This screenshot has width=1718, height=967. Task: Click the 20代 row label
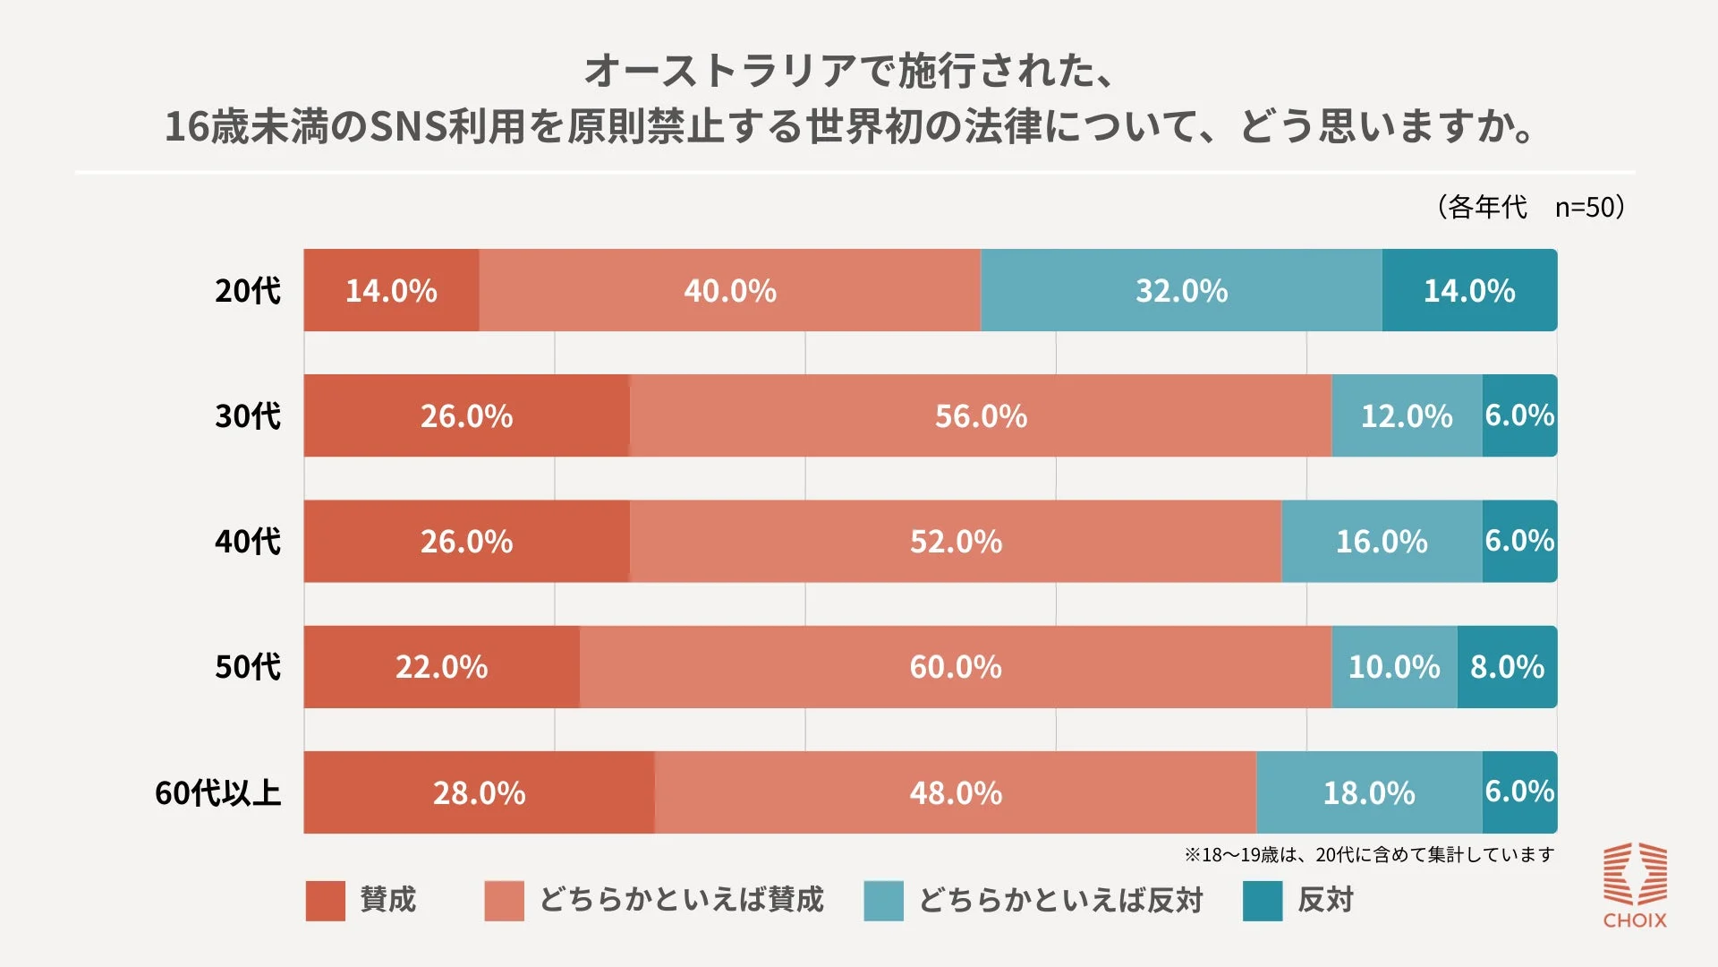[248, 291]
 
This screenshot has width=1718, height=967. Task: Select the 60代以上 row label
[218, 792]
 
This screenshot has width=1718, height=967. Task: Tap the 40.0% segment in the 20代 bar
[729, 291]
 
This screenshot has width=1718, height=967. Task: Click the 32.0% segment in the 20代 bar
[1181, 291]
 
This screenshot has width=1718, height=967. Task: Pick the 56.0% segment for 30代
[981, 416]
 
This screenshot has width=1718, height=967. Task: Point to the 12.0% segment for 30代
[1407, 416]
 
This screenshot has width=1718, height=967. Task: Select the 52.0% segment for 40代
[956, 542]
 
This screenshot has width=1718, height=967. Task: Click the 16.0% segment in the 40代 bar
[1382, 542]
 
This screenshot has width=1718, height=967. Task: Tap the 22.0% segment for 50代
[441, 667]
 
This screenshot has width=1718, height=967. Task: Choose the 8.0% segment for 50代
[1507, 667]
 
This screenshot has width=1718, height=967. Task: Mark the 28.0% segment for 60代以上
[479, 792]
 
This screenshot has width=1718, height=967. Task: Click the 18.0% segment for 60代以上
[1369, 792]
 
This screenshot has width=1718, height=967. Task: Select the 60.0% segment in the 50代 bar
[956, 667]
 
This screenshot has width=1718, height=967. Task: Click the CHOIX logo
[1635, 885]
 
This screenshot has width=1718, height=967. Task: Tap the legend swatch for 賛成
[325, 901]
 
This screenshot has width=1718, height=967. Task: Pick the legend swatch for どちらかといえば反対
[883, 901]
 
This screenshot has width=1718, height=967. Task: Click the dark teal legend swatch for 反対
[1263, 901]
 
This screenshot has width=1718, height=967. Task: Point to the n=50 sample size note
[1589, 208]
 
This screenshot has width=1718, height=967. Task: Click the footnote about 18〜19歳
[1369, 855]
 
